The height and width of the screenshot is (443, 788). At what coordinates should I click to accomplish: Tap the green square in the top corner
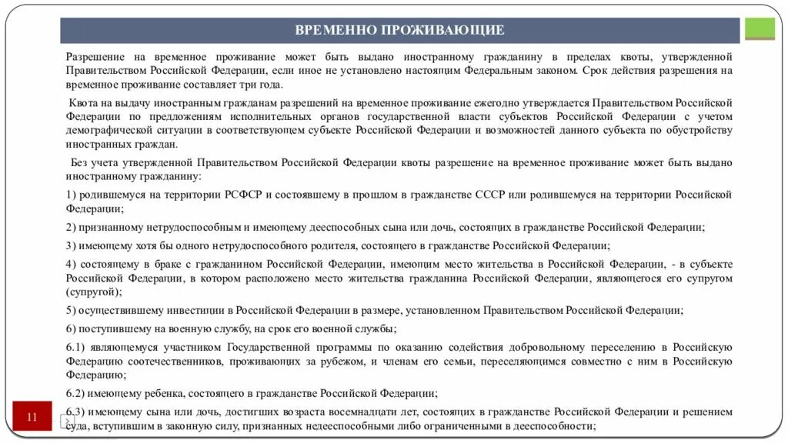(760, 29)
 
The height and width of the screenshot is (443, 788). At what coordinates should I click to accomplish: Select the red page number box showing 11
(32, 418)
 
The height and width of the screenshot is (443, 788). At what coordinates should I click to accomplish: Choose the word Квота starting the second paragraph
(83, 103)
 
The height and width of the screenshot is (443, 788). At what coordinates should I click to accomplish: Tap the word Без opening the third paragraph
(80, 162)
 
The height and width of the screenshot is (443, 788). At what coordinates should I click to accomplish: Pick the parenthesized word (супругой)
(93, 292)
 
